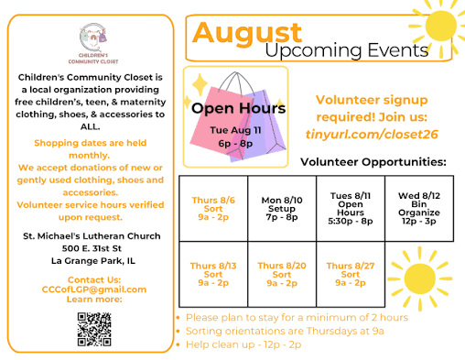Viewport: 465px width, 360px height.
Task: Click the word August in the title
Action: [x=247, y=34]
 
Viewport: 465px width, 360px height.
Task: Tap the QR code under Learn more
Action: [x=94, y=329]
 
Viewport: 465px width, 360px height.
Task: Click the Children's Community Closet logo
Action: [x=93, y=43]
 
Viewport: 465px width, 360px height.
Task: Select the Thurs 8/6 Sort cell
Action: [x=213, y=209]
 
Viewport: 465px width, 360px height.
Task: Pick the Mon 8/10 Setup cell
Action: [x=282, y=209]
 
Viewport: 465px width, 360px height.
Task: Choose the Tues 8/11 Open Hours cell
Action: [x=351, y=209]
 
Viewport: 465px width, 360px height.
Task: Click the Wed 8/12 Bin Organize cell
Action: [x=419, y=209]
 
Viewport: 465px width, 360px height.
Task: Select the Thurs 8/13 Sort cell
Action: [x=213, y=274]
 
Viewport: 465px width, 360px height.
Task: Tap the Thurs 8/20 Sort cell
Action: [x=282, y=274]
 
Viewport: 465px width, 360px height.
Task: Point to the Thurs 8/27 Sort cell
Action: [x=351, y=274]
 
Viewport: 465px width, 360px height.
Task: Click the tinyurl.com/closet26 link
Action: [x=372, y=134]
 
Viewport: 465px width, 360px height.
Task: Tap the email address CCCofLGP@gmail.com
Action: [x=94, y=289]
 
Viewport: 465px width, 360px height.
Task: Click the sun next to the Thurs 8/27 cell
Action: [x=420, y=278]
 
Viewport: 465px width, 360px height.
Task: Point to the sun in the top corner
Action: [x=439, y=26]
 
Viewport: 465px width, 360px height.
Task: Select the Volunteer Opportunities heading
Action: [x=373, y=162]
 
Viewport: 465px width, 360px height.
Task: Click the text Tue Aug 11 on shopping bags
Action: [x=235, y=130]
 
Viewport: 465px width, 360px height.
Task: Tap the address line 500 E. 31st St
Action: [x=92, y=248]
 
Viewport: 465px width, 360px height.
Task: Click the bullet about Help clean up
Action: [x=239, y=344]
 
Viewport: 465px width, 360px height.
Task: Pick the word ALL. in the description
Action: [x=90, y=126]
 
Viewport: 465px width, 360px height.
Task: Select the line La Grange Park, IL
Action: [x=93, y=261]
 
